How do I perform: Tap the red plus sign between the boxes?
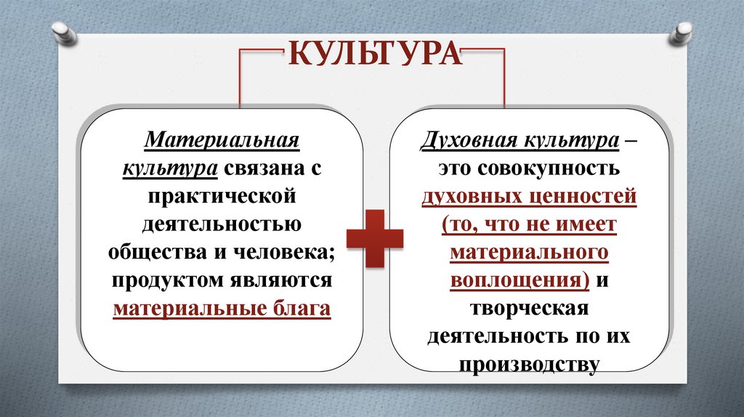pyautogui.click(x=374, y=238)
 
